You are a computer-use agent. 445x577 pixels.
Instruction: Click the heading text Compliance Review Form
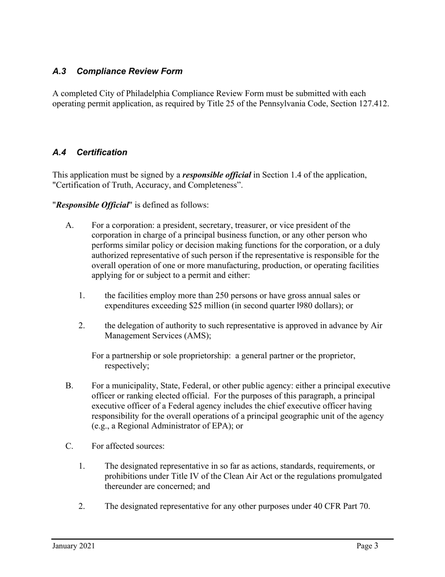[129, 71]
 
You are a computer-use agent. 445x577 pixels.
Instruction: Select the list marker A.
[70, 226]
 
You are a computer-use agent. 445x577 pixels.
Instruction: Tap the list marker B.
[69, 386]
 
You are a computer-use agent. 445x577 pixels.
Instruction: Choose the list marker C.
[69, 446]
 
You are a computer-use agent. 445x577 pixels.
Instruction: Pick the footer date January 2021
[74, 546]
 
